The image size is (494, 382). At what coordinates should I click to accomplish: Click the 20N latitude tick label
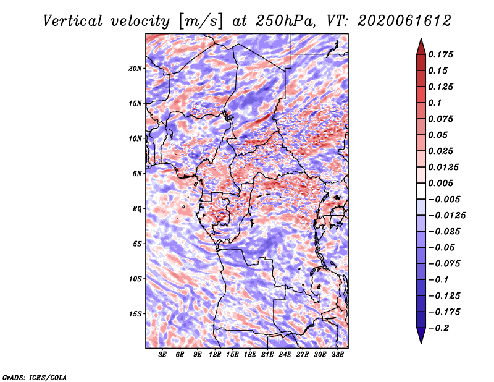pos(135,69)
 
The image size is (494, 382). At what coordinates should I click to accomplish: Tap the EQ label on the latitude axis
pos(136,209)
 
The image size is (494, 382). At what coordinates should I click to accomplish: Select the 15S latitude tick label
pos(135,314)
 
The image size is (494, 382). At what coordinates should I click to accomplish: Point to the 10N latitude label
pos(135,138)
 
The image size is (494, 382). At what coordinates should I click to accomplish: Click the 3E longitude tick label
pos(162,355)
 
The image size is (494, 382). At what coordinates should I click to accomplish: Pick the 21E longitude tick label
pos(267,355)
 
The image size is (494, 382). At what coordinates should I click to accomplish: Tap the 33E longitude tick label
pos(337,355)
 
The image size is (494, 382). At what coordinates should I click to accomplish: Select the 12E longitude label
pos(214,355)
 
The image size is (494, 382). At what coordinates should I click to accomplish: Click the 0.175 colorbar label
pos(440,54)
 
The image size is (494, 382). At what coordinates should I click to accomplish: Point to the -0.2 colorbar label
pos(438,328)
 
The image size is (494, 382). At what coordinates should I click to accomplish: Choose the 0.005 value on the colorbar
pos(440,183)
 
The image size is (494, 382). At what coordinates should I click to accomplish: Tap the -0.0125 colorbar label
pos(446,216)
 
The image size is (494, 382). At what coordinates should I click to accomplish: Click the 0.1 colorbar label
pos(435,103)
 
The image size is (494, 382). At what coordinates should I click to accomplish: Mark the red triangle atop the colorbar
pos(421,47)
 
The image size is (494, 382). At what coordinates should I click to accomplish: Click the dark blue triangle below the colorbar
pos(421,336)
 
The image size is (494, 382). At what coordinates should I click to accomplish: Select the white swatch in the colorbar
pos(421,191)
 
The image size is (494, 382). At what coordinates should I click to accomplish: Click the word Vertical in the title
pos(73,21)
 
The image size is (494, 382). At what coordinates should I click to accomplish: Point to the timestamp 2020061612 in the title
pos(404,21)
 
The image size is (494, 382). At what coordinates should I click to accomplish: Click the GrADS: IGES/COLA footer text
pos(35,378)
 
